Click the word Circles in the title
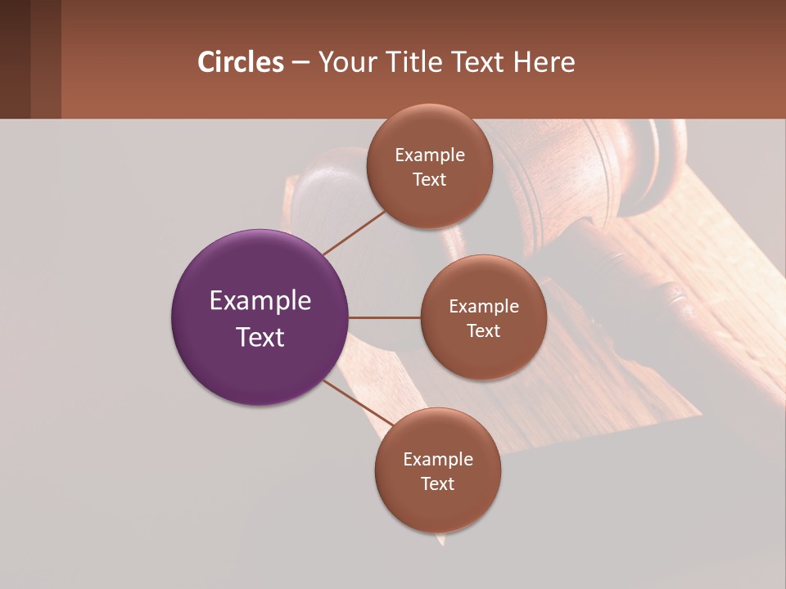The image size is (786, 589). (x=240, y=62)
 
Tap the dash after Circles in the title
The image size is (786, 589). (x=300, y=63)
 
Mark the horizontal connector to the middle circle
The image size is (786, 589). (x=384, y=317)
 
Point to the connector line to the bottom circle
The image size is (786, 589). (x=358, y=402)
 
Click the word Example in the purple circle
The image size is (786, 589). (x=260, y=301)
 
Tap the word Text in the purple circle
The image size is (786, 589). (x=260, y=337)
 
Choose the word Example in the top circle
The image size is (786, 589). (x=430, y=155)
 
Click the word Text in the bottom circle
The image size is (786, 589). (x=437, y=484)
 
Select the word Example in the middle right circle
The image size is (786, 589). (x=483, y=307)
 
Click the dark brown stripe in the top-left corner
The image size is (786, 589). (x=15, y=59)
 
